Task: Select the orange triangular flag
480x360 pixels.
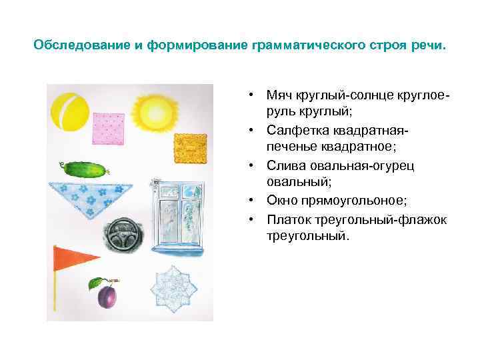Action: click(x=74, y=257)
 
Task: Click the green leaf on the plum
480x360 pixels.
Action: click(x=97, y=282)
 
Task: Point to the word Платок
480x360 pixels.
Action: click(x=286, y=219)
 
